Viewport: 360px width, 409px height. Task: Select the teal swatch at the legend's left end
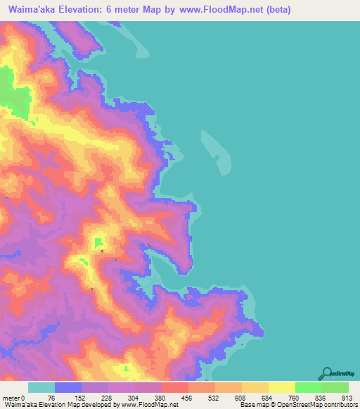coord(41,387)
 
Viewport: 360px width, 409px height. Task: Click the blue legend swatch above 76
coord(68,387)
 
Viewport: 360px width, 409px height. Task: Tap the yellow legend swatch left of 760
coord(281,387)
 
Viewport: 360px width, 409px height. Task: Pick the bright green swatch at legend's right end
coord(335,387)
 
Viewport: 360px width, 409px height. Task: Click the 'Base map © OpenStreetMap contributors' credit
coord(298,404)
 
